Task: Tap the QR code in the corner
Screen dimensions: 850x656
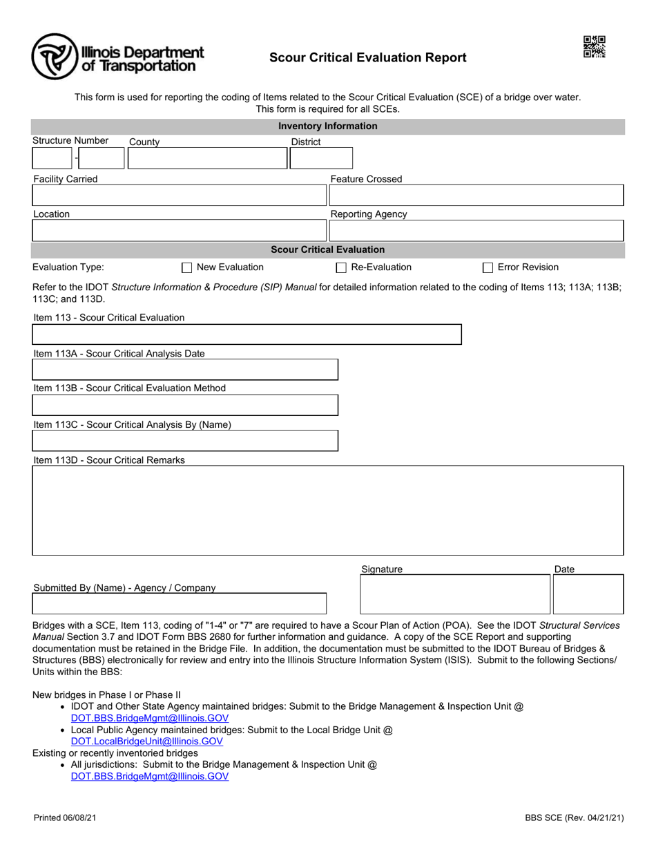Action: point(594,46)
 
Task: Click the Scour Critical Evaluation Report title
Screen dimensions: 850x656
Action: point(367,58)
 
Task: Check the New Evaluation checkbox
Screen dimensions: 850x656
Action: point(186,268)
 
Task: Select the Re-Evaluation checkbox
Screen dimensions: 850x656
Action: point(341,268)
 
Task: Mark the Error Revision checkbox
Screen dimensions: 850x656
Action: point(488,268)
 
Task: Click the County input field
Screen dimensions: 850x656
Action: point(207,158)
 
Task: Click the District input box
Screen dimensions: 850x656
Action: point(320,158)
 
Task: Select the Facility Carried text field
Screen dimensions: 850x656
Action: point(178,195)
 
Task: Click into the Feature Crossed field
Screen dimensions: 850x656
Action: point(476,195)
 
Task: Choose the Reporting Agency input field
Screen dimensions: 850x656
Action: point(476,230)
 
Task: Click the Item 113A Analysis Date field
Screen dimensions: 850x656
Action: point(185,370)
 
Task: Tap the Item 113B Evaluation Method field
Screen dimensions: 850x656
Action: point(185,405)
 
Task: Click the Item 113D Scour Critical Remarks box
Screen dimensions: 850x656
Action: point(327,510)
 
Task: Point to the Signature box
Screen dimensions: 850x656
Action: point(455,594)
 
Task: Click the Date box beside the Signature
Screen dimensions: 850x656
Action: point(588,594)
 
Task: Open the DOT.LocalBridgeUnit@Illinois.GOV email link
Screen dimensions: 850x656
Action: point(147,742)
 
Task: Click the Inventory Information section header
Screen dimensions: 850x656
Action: point(327,126)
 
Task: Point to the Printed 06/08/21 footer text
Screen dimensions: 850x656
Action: point(65,818)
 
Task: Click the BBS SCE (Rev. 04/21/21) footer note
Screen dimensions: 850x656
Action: point(575,818)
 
